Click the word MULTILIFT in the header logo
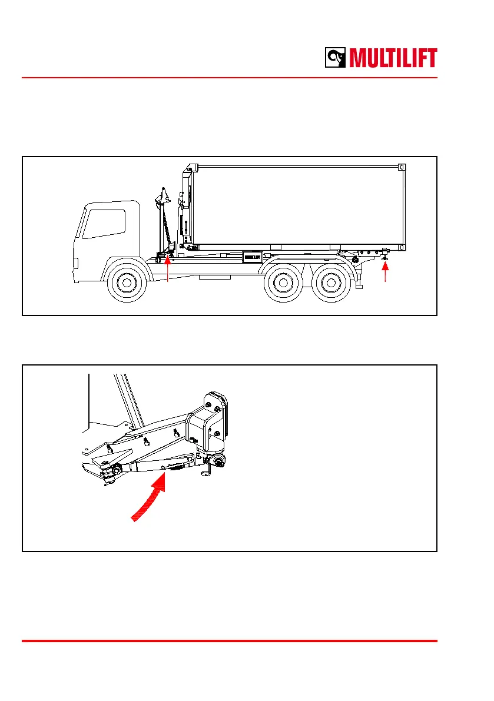click(x=393, y=58)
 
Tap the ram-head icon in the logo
click(x=336, y=58)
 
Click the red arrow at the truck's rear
click(x=386, y=271)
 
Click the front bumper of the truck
click(x=75, y=263)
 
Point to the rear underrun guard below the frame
click(x=359, y=284)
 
